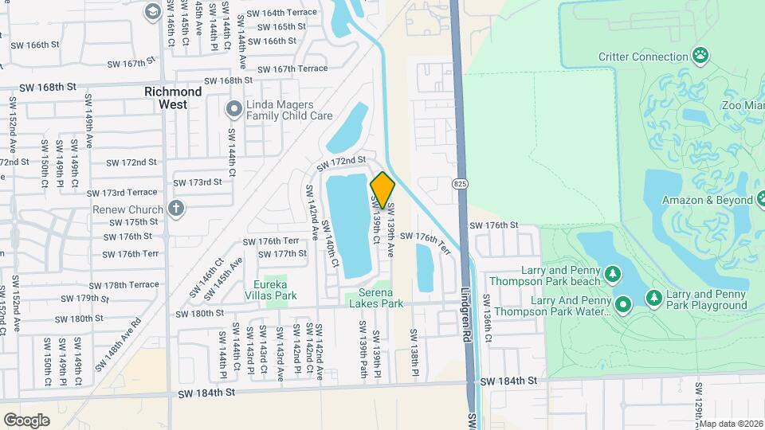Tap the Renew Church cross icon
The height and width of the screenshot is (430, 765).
coord(176,209)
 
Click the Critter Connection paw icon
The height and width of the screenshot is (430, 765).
coord(700,56)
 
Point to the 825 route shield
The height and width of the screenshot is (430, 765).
coord(464,184)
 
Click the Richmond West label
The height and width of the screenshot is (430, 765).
coord(167,98)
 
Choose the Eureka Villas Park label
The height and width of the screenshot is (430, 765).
coord(275,290)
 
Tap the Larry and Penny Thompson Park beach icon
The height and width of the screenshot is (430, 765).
coord(612,275)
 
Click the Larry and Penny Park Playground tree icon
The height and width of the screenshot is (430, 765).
coord(653,298)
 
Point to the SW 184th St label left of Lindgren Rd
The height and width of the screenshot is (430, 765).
coord(207,393)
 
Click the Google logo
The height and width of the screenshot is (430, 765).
coord(26,420)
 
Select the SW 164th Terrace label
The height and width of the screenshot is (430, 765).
coord(281,13)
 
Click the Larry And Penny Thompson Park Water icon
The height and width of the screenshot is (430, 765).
coord(623,303)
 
